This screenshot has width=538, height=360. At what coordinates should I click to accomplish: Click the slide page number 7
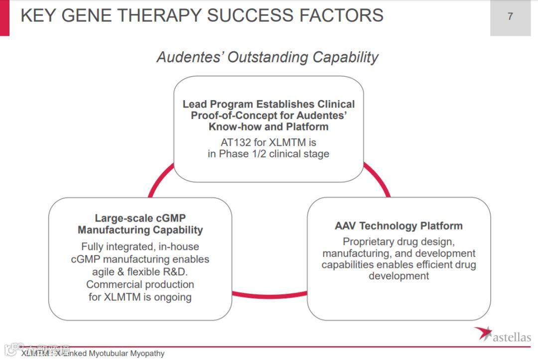tap(510, 16)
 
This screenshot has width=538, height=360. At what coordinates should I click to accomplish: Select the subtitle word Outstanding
tap(268, 57)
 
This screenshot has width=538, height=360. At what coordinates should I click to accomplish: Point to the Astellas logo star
tap(483, 333)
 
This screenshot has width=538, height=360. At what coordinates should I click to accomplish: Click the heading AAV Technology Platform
tap(399, 226)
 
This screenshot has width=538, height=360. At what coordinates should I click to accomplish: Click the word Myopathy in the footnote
tap(147, 354)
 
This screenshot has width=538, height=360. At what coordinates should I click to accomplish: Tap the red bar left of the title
tap(4, 17)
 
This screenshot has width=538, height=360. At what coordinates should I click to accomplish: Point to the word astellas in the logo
tap(512, 338)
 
